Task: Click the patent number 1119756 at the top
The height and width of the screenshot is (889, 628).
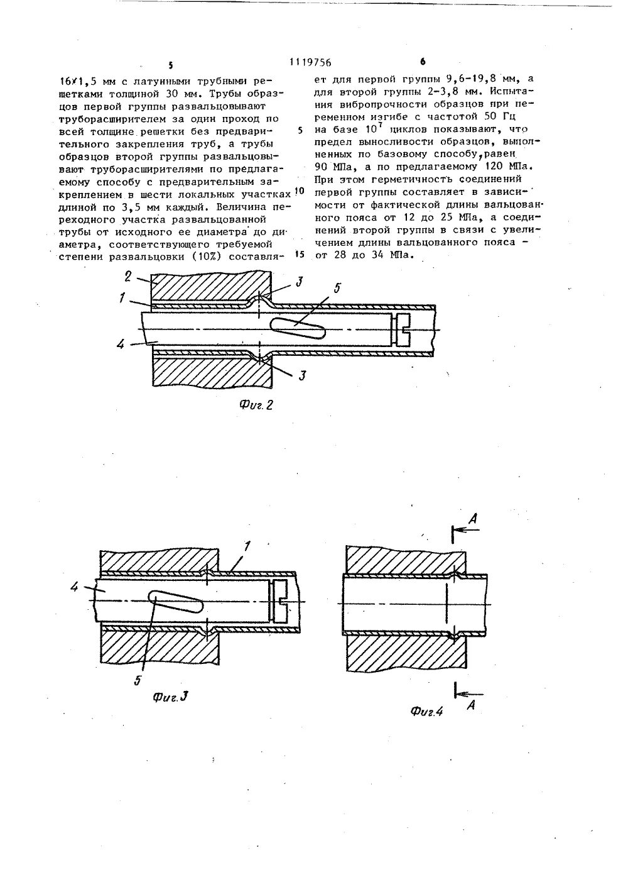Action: point(310,62)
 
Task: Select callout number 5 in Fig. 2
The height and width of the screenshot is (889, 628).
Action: point(337,289)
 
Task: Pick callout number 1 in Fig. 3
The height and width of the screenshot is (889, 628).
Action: point(247,546)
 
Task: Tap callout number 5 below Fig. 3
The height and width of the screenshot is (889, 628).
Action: point(140,679)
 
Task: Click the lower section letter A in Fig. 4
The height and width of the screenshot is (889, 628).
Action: point(471,705)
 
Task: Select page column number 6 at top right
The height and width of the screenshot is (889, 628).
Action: point(422,62)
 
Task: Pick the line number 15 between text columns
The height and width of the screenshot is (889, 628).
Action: point(299,255)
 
